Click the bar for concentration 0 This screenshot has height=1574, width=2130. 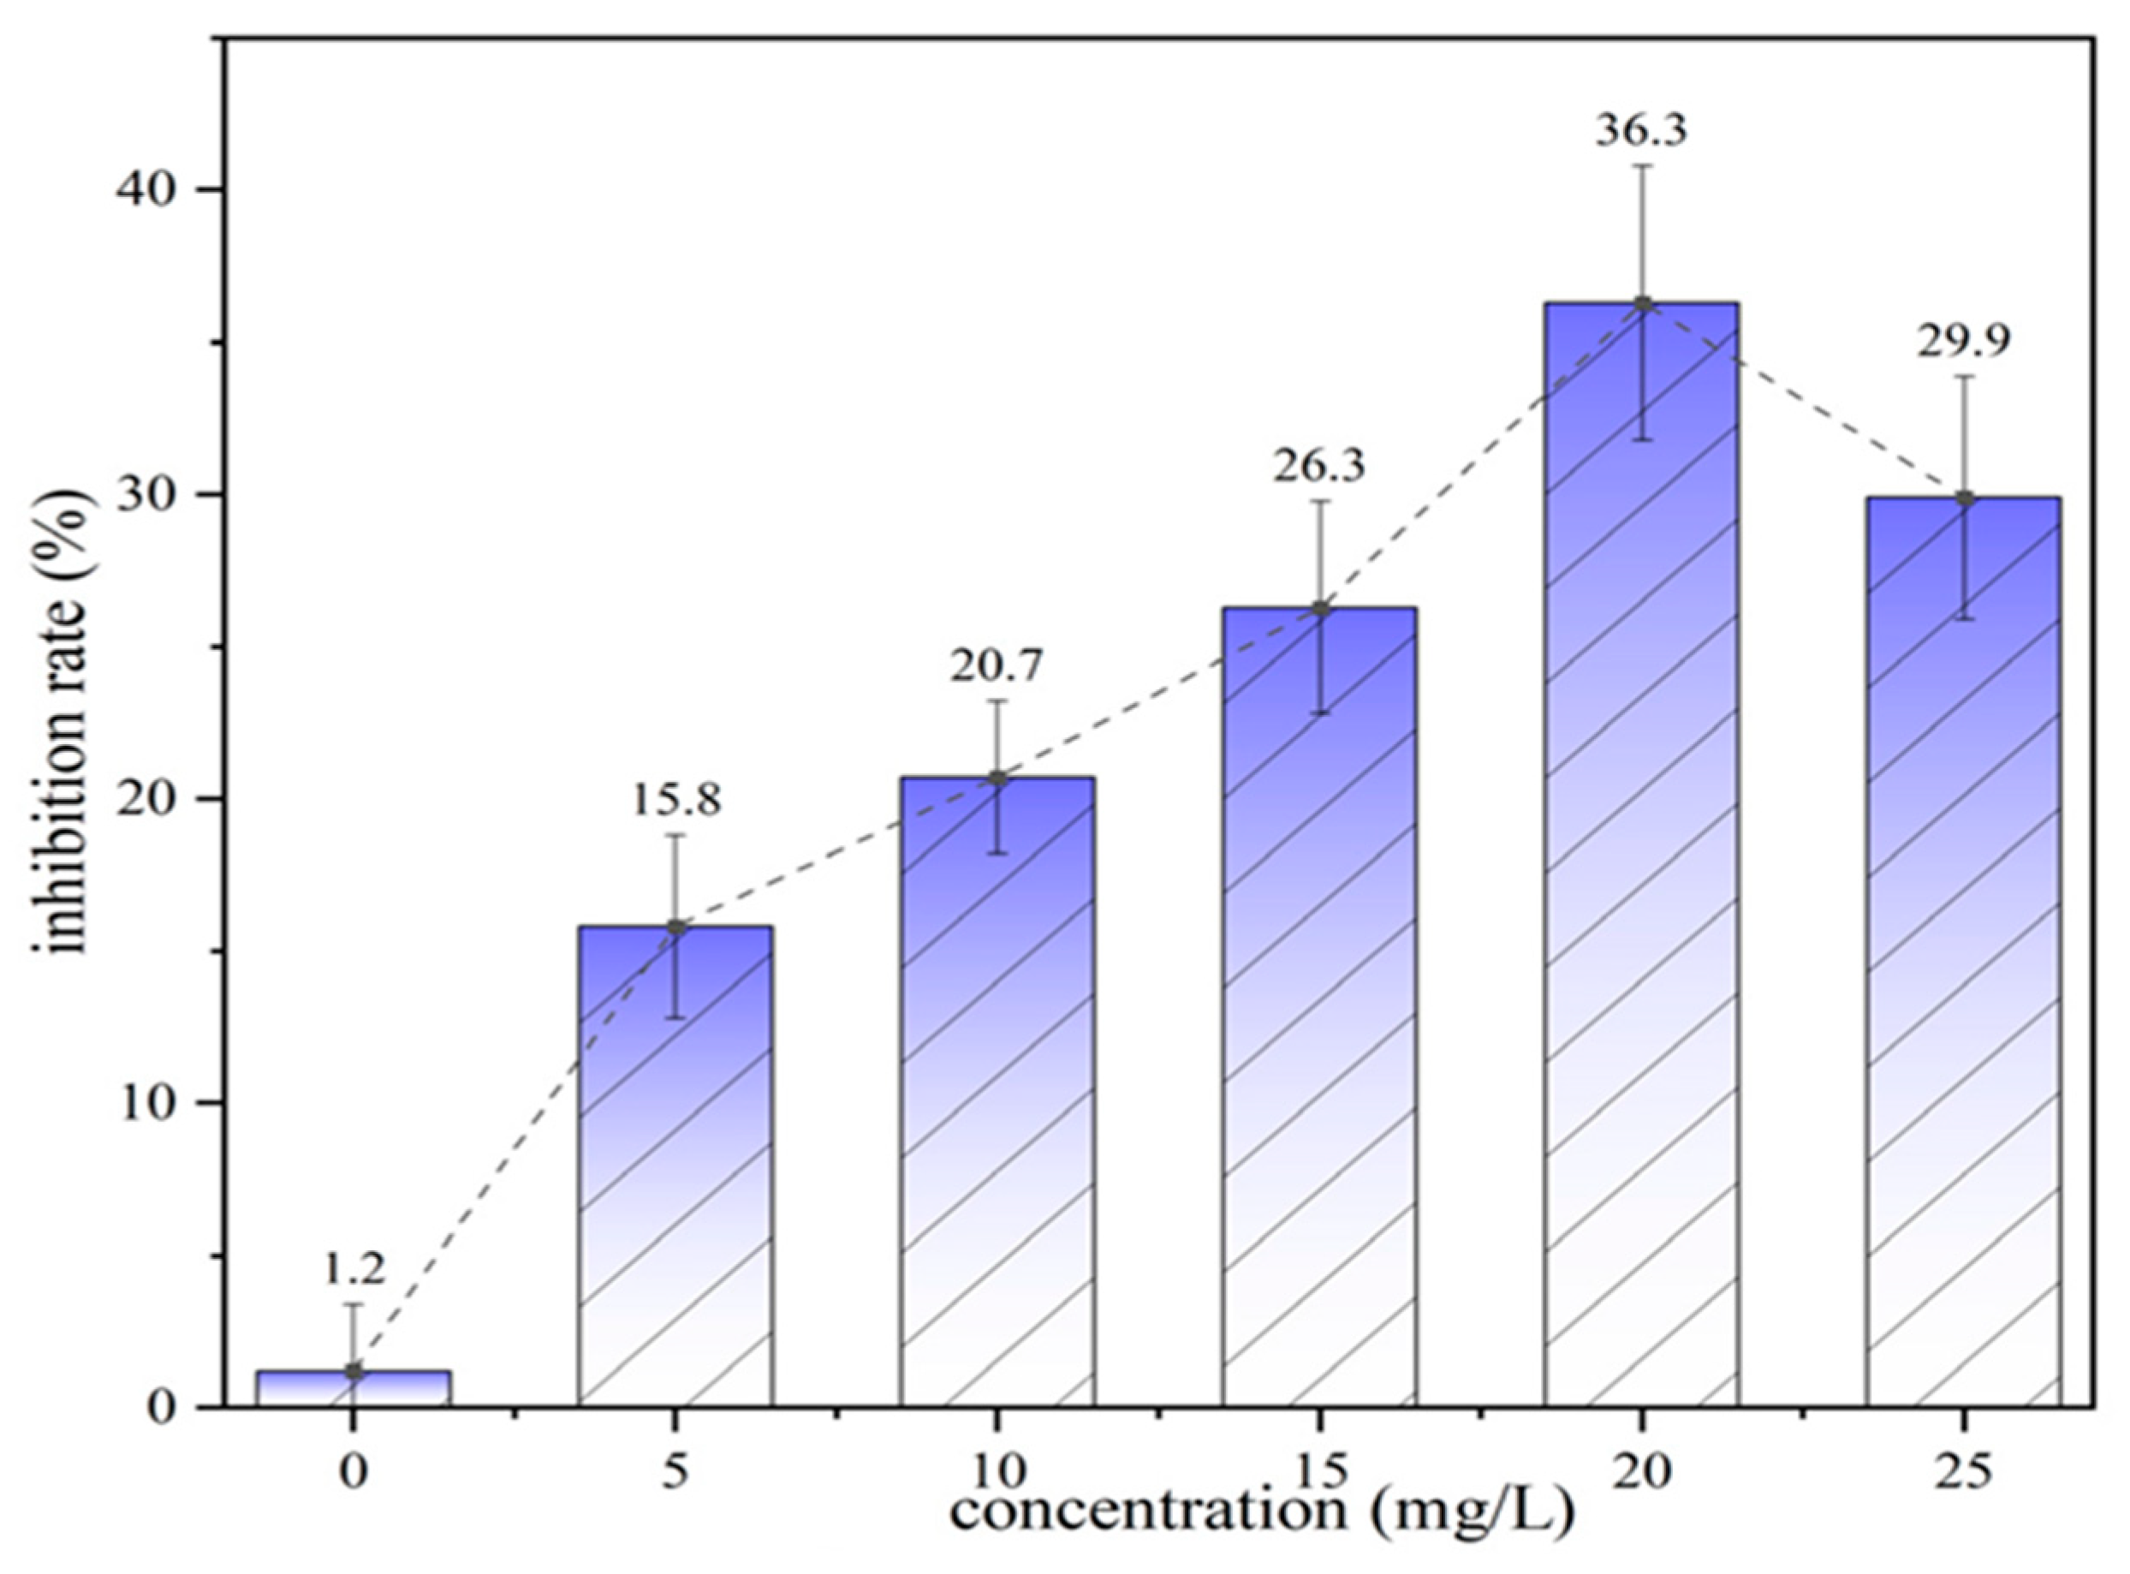(354, 1388)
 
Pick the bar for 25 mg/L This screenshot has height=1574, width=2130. (1963, 953)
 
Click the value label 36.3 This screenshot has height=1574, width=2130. (1641, 128)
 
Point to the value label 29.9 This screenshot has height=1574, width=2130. (1963, 340)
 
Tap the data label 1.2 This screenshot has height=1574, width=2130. (354, 1268)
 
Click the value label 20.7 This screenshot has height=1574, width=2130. (997, 665)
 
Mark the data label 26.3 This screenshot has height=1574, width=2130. (1319, 465)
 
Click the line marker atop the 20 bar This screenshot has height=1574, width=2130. (1642, 304)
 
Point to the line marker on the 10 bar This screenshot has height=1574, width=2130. (997, 778)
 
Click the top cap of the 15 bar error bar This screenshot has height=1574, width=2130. (1319, 501)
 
